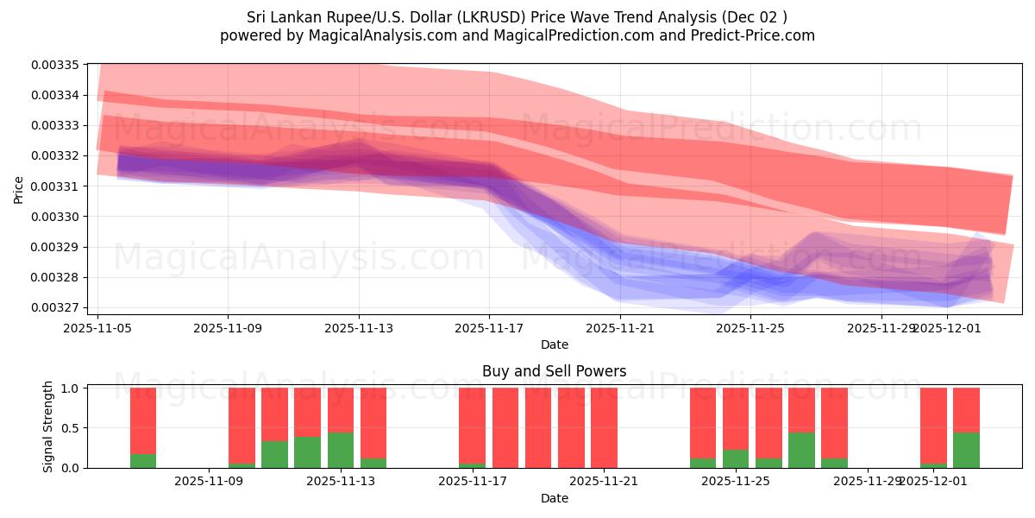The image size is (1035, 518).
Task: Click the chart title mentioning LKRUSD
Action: pos(517,17)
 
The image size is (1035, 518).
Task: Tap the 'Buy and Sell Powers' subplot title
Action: pos(554,371)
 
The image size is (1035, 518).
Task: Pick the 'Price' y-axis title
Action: pos(19,190)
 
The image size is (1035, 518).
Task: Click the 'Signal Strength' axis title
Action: pos(48,426)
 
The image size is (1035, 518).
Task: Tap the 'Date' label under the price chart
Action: pos(554,344)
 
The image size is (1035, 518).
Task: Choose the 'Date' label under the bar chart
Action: pos(554,498)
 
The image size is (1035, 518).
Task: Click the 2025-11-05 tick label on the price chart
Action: pos(97,328)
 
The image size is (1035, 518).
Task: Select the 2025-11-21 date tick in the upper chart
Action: pos(620,328)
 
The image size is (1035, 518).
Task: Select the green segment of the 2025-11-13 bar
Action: pos(341,451)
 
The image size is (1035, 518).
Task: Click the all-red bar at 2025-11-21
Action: pos(604,427)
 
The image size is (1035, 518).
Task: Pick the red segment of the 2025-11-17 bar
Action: pos(472,425)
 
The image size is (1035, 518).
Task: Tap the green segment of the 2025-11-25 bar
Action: pos(736,459)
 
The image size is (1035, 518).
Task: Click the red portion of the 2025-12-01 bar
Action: pos(933,425)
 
